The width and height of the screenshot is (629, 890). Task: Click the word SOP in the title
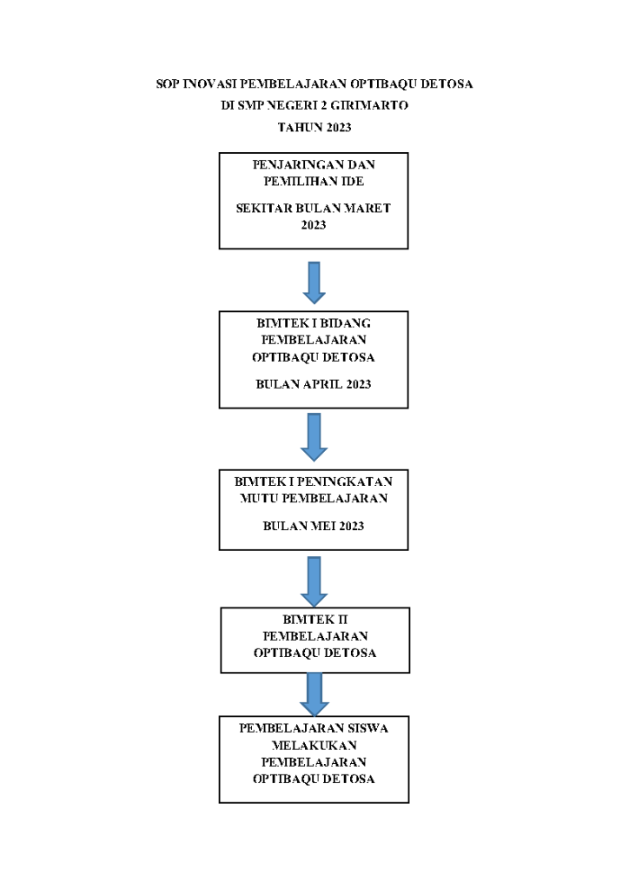click(168, 84)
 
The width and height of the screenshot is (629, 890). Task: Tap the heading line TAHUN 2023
click(314, 127)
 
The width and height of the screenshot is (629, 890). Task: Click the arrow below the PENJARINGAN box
click(314, 282)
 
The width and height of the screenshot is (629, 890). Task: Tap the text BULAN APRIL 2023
click(314, 384)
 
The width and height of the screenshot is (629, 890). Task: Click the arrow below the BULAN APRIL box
click(314, 437)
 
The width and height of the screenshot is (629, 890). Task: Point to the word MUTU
click(259, 498)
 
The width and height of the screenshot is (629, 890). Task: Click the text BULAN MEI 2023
click(314, 526)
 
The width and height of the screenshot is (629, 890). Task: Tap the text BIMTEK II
click(314, 620)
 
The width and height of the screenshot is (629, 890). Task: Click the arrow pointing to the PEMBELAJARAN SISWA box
click(314, 694)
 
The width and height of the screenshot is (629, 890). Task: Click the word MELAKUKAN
click(314, 745)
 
